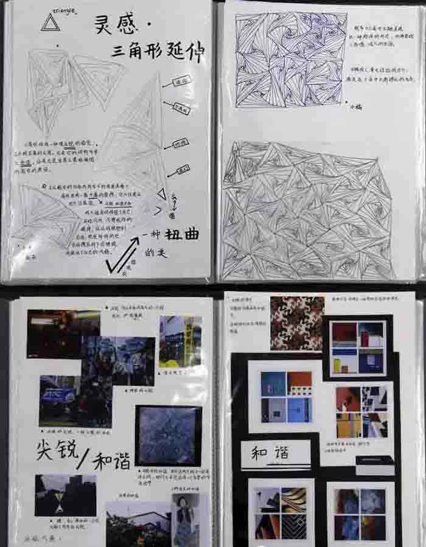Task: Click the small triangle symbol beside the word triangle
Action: pyautogui.click(x=49, y=23)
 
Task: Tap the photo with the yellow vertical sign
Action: pyautogui.click(x=181, y=341)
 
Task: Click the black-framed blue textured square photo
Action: pyautogui.click(x=168, y=436)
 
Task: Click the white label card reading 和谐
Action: pyautogui.click(x=274, y=453)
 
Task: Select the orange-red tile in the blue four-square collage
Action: pyautogui.click(x=299, y=383)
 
